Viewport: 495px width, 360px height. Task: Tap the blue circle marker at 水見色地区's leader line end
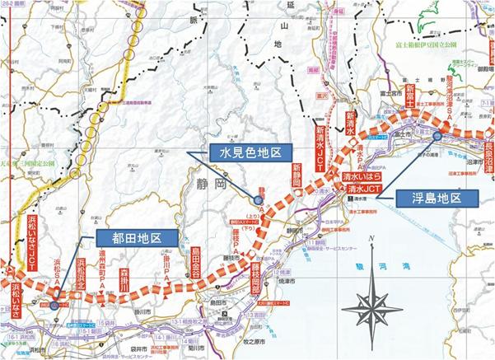point(258,199)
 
